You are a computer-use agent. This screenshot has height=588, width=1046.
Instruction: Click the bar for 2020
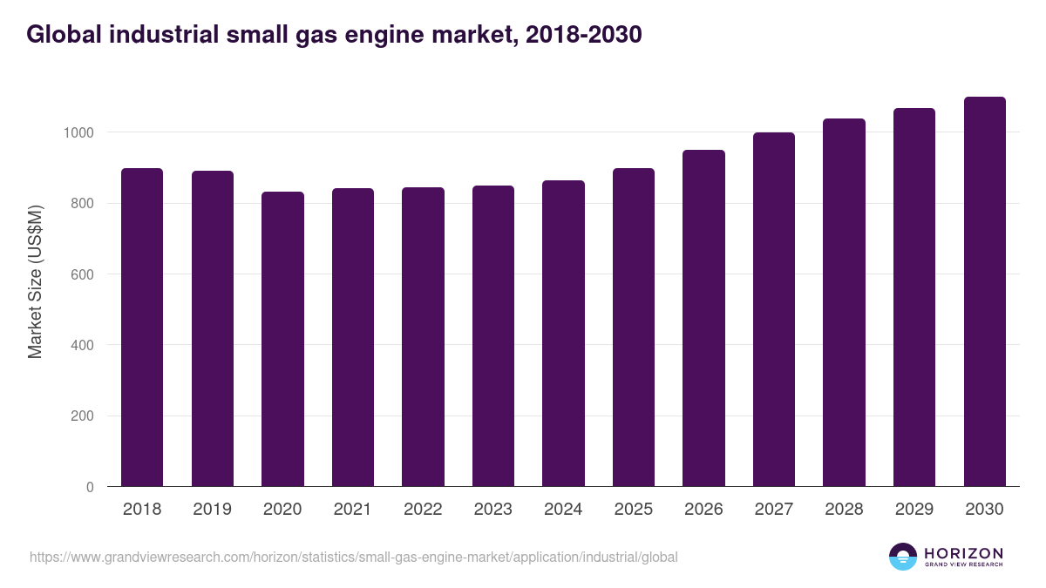(282, 339)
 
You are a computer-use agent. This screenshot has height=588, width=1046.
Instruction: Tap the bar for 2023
(493, 336)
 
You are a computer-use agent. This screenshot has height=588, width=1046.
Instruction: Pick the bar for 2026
(703, 318)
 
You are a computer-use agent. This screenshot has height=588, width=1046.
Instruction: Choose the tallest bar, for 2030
(985, 292)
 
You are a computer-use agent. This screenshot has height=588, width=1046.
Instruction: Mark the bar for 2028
(844, 302)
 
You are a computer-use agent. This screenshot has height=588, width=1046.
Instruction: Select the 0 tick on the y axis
(91, 487)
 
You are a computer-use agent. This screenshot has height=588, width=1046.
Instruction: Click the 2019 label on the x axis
(212, 510)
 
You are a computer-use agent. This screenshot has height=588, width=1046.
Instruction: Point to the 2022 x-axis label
(423, 510)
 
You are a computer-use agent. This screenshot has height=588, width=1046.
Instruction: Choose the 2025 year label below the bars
(634, 510)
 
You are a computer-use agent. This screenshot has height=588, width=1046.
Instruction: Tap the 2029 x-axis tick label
(914, 510)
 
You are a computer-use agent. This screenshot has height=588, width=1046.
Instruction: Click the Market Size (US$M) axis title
(35, 280)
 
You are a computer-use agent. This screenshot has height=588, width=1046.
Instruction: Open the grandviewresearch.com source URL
(353, 557)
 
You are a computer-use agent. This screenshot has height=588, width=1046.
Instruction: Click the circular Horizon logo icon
(903, 557)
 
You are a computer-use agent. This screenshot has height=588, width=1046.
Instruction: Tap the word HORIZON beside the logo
(963, 553)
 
